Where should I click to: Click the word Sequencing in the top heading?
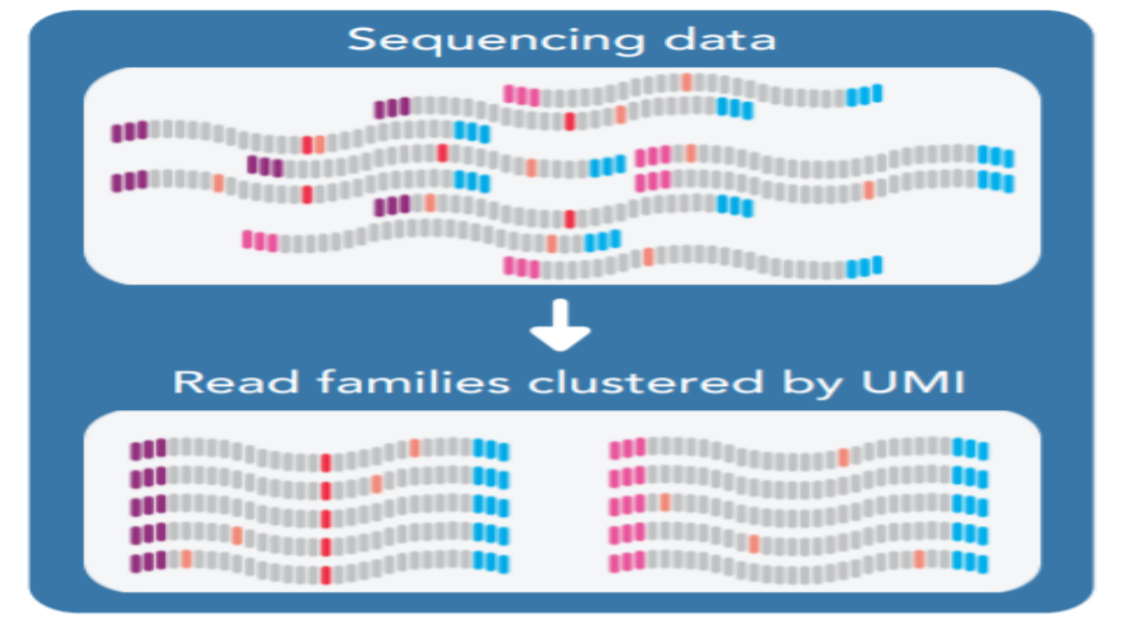click(x=495, y=40)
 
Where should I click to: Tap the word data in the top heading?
click(x=720, y=40)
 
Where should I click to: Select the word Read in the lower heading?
click(x=236, y=382)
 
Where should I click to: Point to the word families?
click(x=413, y=382)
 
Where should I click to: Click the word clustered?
click(x=646, y=382)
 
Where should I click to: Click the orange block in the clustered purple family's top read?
click(x=414, y=448)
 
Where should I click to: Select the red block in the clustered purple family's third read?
click(x=325, y=519)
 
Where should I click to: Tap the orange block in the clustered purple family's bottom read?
click(x=186, y=559)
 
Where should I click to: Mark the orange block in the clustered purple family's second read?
click(x=376, y=484)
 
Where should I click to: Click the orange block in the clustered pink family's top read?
click(x=844, y=457)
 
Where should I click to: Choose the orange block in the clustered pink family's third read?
click(x=665, y=503)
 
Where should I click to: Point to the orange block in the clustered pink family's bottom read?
click(x=919, y=559)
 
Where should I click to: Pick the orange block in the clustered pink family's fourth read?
click(x=753, y=543)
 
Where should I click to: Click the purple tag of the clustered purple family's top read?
click(x=148, y=449)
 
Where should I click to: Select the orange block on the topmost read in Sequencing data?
click(x=686, y=82)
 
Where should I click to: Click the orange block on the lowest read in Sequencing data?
click(x=648, y=257)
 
